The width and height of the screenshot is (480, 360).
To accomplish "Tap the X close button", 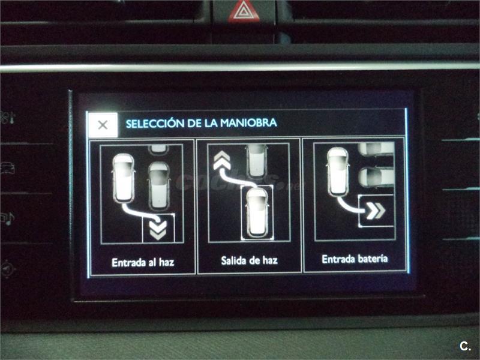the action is coord(103,125).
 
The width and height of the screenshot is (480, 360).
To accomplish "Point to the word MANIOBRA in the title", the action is coord(248,123).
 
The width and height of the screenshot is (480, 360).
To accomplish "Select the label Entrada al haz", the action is coord(143,263).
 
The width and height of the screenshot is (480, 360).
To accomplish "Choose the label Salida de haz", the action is coord(249,260).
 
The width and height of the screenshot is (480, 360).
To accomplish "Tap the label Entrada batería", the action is coord(355,259).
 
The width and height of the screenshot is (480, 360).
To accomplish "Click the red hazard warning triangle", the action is coord(244,11).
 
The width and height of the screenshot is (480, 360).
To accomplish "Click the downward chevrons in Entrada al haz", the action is coord(158,230).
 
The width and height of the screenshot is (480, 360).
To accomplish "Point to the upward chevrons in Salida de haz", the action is coord(222,160).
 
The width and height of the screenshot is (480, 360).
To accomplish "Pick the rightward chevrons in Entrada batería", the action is coord(376,211).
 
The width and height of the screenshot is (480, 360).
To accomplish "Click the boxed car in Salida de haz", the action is coord(257,212).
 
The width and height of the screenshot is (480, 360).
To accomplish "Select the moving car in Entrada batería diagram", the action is coord(338,172).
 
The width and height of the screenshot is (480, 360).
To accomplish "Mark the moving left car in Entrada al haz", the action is coord(124,178).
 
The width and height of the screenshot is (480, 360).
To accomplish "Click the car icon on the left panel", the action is coord(7,169).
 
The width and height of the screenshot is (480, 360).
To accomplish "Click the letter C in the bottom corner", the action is coord(464,346).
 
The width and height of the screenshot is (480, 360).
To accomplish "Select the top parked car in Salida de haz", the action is coord(257,161).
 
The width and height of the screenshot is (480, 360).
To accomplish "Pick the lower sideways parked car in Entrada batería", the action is coord(376,177).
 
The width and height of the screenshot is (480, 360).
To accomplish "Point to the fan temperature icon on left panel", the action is coord(7,118).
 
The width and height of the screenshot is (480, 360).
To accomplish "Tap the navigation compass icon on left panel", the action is coord(7,269).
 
